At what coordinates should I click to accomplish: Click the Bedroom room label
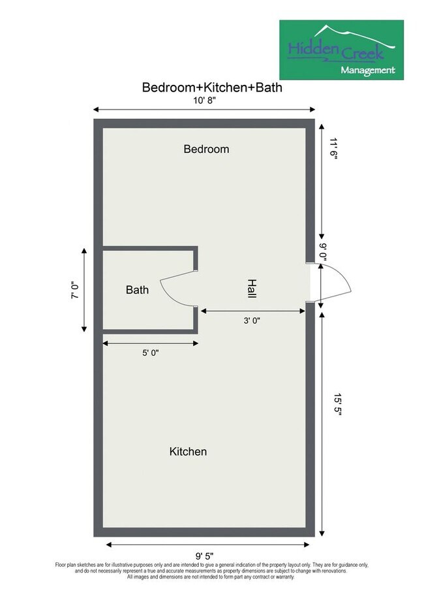coord(206,149)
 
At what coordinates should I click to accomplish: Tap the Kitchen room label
coord(188,451)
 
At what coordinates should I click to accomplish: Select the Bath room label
coord(137,290)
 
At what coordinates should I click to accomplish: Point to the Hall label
coord(251,289)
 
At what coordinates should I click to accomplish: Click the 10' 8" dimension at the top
coord(204,99)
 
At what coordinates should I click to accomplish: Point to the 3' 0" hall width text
coord(251,320)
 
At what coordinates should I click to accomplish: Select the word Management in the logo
coord(368,70)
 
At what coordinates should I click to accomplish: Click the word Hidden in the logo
coord(312,50)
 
